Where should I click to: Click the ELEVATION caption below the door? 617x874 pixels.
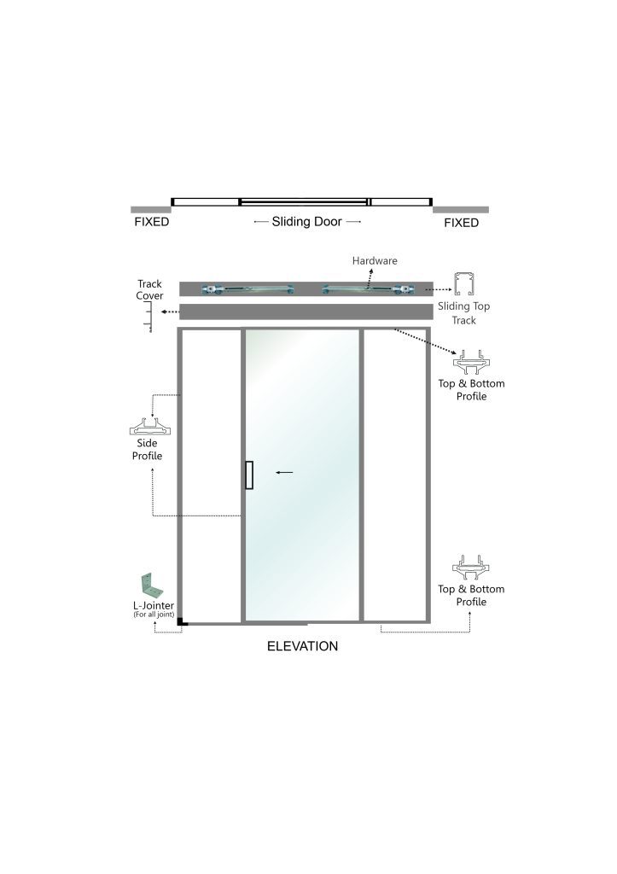pos(302,646)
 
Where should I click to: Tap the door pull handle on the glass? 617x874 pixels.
pos(249,475)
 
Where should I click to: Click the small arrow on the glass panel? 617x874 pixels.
pos(284,473)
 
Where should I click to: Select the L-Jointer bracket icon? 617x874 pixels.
pos(151,586)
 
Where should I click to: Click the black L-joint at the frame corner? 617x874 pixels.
pos(180,622)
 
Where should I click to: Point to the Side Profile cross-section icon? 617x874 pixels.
pos(149,427)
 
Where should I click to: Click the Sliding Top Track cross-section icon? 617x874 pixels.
pos(463,284)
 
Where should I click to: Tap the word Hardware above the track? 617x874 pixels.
pos(375,260)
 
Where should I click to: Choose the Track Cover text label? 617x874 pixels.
pos(149,290)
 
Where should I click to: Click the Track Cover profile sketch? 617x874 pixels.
pos(148,317)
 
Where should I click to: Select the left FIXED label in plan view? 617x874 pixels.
pos(152,222)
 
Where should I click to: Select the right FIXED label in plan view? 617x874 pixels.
pos(461,223)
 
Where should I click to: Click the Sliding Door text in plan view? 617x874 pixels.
pos(306,221)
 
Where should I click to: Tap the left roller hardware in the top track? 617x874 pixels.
pos(247,289)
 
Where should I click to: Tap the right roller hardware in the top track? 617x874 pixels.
pos(368,289)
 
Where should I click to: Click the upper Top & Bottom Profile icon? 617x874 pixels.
pos(471,362)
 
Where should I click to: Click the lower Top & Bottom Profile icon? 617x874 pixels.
pos(471,568)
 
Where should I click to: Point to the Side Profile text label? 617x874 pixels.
pos(147,449)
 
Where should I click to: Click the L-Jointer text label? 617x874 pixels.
pos(154,605)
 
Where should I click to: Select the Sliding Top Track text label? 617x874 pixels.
pos(463,312)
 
